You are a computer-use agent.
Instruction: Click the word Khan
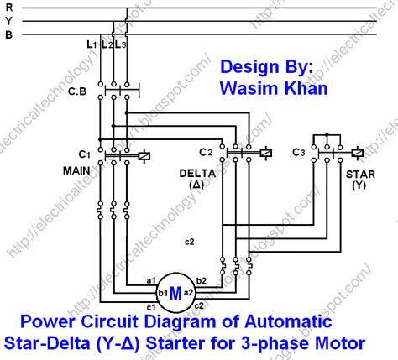(x=307, y=86)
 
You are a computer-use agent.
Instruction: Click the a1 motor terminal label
(x=152, y=279)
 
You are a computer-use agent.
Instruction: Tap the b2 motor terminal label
(x=202, y=279)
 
